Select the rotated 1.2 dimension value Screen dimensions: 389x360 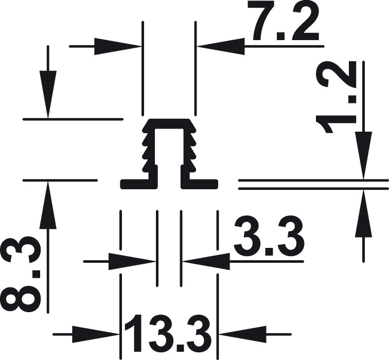pyautogui.click(x=336, y=97)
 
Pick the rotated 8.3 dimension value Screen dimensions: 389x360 pyautogui.click(x=21, y=271)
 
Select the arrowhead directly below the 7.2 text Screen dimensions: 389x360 pyautogui.click(x=221, y=46)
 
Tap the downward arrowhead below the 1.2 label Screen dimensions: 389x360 pyautogui.click(x=363, y=155)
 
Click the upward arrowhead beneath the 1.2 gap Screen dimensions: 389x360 pyautogui.click(x=363, y=213)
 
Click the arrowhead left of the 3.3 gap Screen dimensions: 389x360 pyautogui.click(x=132, y=261)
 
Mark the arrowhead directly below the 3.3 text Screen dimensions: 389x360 pyautogui.click(x=206, y=261)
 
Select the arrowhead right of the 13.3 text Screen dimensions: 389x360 pyautogui.click(x=242, y=334)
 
